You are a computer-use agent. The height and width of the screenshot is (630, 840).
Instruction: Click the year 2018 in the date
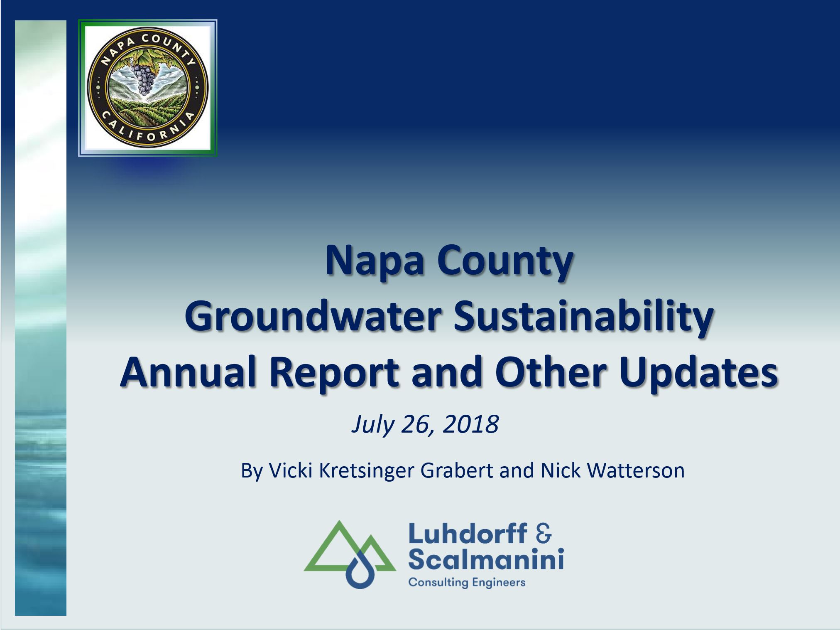point(471,424)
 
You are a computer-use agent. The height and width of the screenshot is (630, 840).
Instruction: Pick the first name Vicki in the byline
point(290,470)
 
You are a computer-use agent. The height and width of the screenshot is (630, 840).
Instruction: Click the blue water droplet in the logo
point(360,571)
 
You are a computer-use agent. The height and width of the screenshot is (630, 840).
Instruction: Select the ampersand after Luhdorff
point(543,533)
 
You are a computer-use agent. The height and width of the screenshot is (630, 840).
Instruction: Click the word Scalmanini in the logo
point(486,558)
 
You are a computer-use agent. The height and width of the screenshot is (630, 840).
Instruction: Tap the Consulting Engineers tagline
point(467,582)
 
